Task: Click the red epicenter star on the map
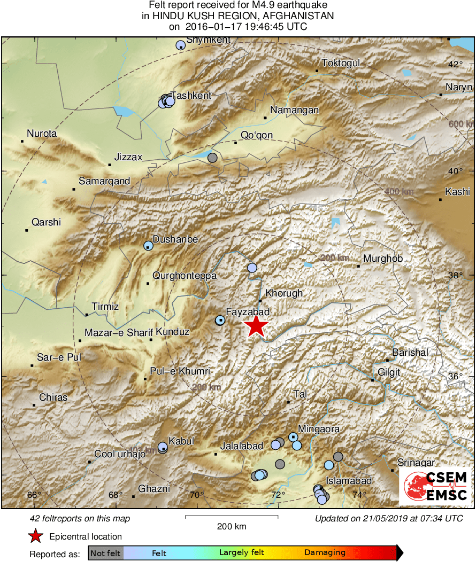tap(256, 326)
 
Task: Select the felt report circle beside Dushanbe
tap(148, 246)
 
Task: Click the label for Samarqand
tap(104, 181)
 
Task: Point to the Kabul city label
tap(181, 441)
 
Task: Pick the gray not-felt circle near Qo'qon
tap(212, 158)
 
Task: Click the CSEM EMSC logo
tap(435, 487)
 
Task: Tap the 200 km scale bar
tap(232, 517)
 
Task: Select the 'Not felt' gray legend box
tap(105, 553)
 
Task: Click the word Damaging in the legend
tap(325, 553)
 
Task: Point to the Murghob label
tap(382, 259)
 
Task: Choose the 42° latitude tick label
tap(455, 65)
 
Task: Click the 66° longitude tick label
tap(34, 495)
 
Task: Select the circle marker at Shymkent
tap(180, 45)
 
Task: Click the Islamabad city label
tap(349, 481)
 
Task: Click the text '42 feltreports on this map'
tap(80, 519)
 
